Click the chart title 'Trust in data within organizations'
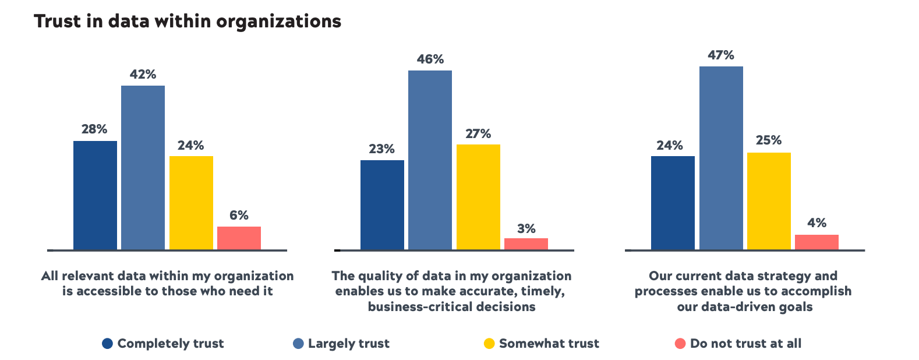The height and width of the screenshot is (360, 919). tap(188, 22)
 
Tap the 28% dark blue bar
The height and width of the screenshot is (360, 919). tap(95, 195)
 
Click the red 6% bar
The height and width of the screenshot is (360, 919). tap(239, 238)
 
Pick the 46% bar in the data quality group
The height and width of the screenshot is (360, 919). tap(430, 160)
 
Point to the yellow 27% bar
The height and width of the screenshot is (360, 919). tap(478, 197)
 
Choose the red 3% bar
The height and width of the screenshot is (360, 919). tap(526, 244)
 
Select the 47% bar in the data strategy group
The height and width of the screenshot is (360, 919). tap(721, 158)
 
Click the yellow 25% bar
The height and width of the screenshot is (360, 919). tap(769, 201)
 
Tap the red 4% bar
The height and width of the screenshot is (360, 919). tap(817, 242)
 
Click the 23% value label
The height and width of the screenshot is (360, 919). tap(381, 149)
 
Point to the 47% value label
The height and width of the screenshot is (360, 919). tap(721, 55)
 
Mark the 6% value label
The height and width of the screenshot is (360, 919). tap(239, 216)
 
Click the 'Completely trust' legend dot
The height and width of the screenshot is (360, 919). tap(107, 344)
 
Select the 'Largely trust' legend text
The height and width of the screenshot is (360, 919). tap(348, 344)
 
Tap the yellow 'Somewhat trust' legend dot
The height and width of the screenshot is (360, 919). tap(489, 344)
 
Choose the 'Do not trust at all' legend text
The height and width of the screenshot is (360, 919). tap(745, 344)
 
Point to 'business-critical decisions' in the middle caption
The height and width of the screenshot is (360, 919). tap(451, 307)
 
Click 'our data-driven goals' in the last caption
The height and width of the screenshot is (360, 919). tap(744, 307)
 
